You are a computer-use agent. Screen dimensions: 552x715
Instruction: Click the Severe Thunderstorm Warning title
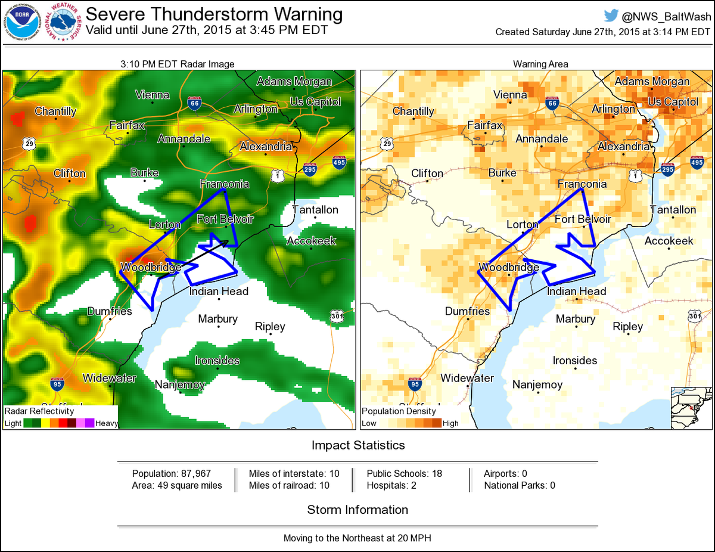pyautogui.click(x=214, y=14)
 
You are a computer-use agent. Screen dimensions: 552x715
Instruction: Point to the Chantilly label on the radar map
pyautogui.click(x=55, y=111)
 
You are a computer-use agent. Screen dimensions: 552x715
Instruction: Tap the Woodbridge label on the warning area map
pyautogui.click(x=509, y=267)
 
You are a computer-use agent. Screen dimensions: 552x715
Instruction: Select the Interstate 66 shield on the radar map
pyautogui.click(x=194, y=103)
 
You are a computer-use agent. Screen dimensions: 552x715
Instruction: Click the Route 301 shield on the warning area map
pyautogui.click(x=694, y=316)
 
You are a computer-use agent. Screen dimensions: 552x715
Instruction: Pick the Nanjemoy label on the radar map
pyautogui.click(x=180, y=384)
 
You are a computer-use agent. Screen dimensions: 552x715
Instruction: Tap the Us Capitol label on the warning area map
pyautogui.click(x=673, y=102)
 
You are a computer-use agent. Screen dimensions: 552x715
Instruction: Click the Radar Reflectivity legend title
pyautogui.click(x=39, y=411)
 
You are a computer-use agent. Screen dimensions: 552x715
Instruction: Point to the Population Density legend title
pyautogui.click(x=399, y=411)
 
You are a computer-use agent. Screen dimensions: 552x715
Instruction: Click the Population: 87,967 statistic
pyautogui.click(x=172, y=473)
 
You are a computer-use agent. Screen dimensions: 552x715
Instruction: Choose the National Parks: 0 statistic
pyautogui.click(x=520, y=485)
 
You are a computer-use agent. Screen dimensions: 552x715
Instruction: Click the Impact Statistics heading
pyautogui.click(x=358, y=445)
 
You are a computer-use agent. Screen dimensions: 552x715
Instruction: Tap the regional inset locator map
pyautogui.click(x=691, y=408)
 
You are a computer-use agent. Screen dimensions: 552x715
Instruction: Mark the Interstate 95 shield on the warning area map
pyautogui.click(x=415, y=384)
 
